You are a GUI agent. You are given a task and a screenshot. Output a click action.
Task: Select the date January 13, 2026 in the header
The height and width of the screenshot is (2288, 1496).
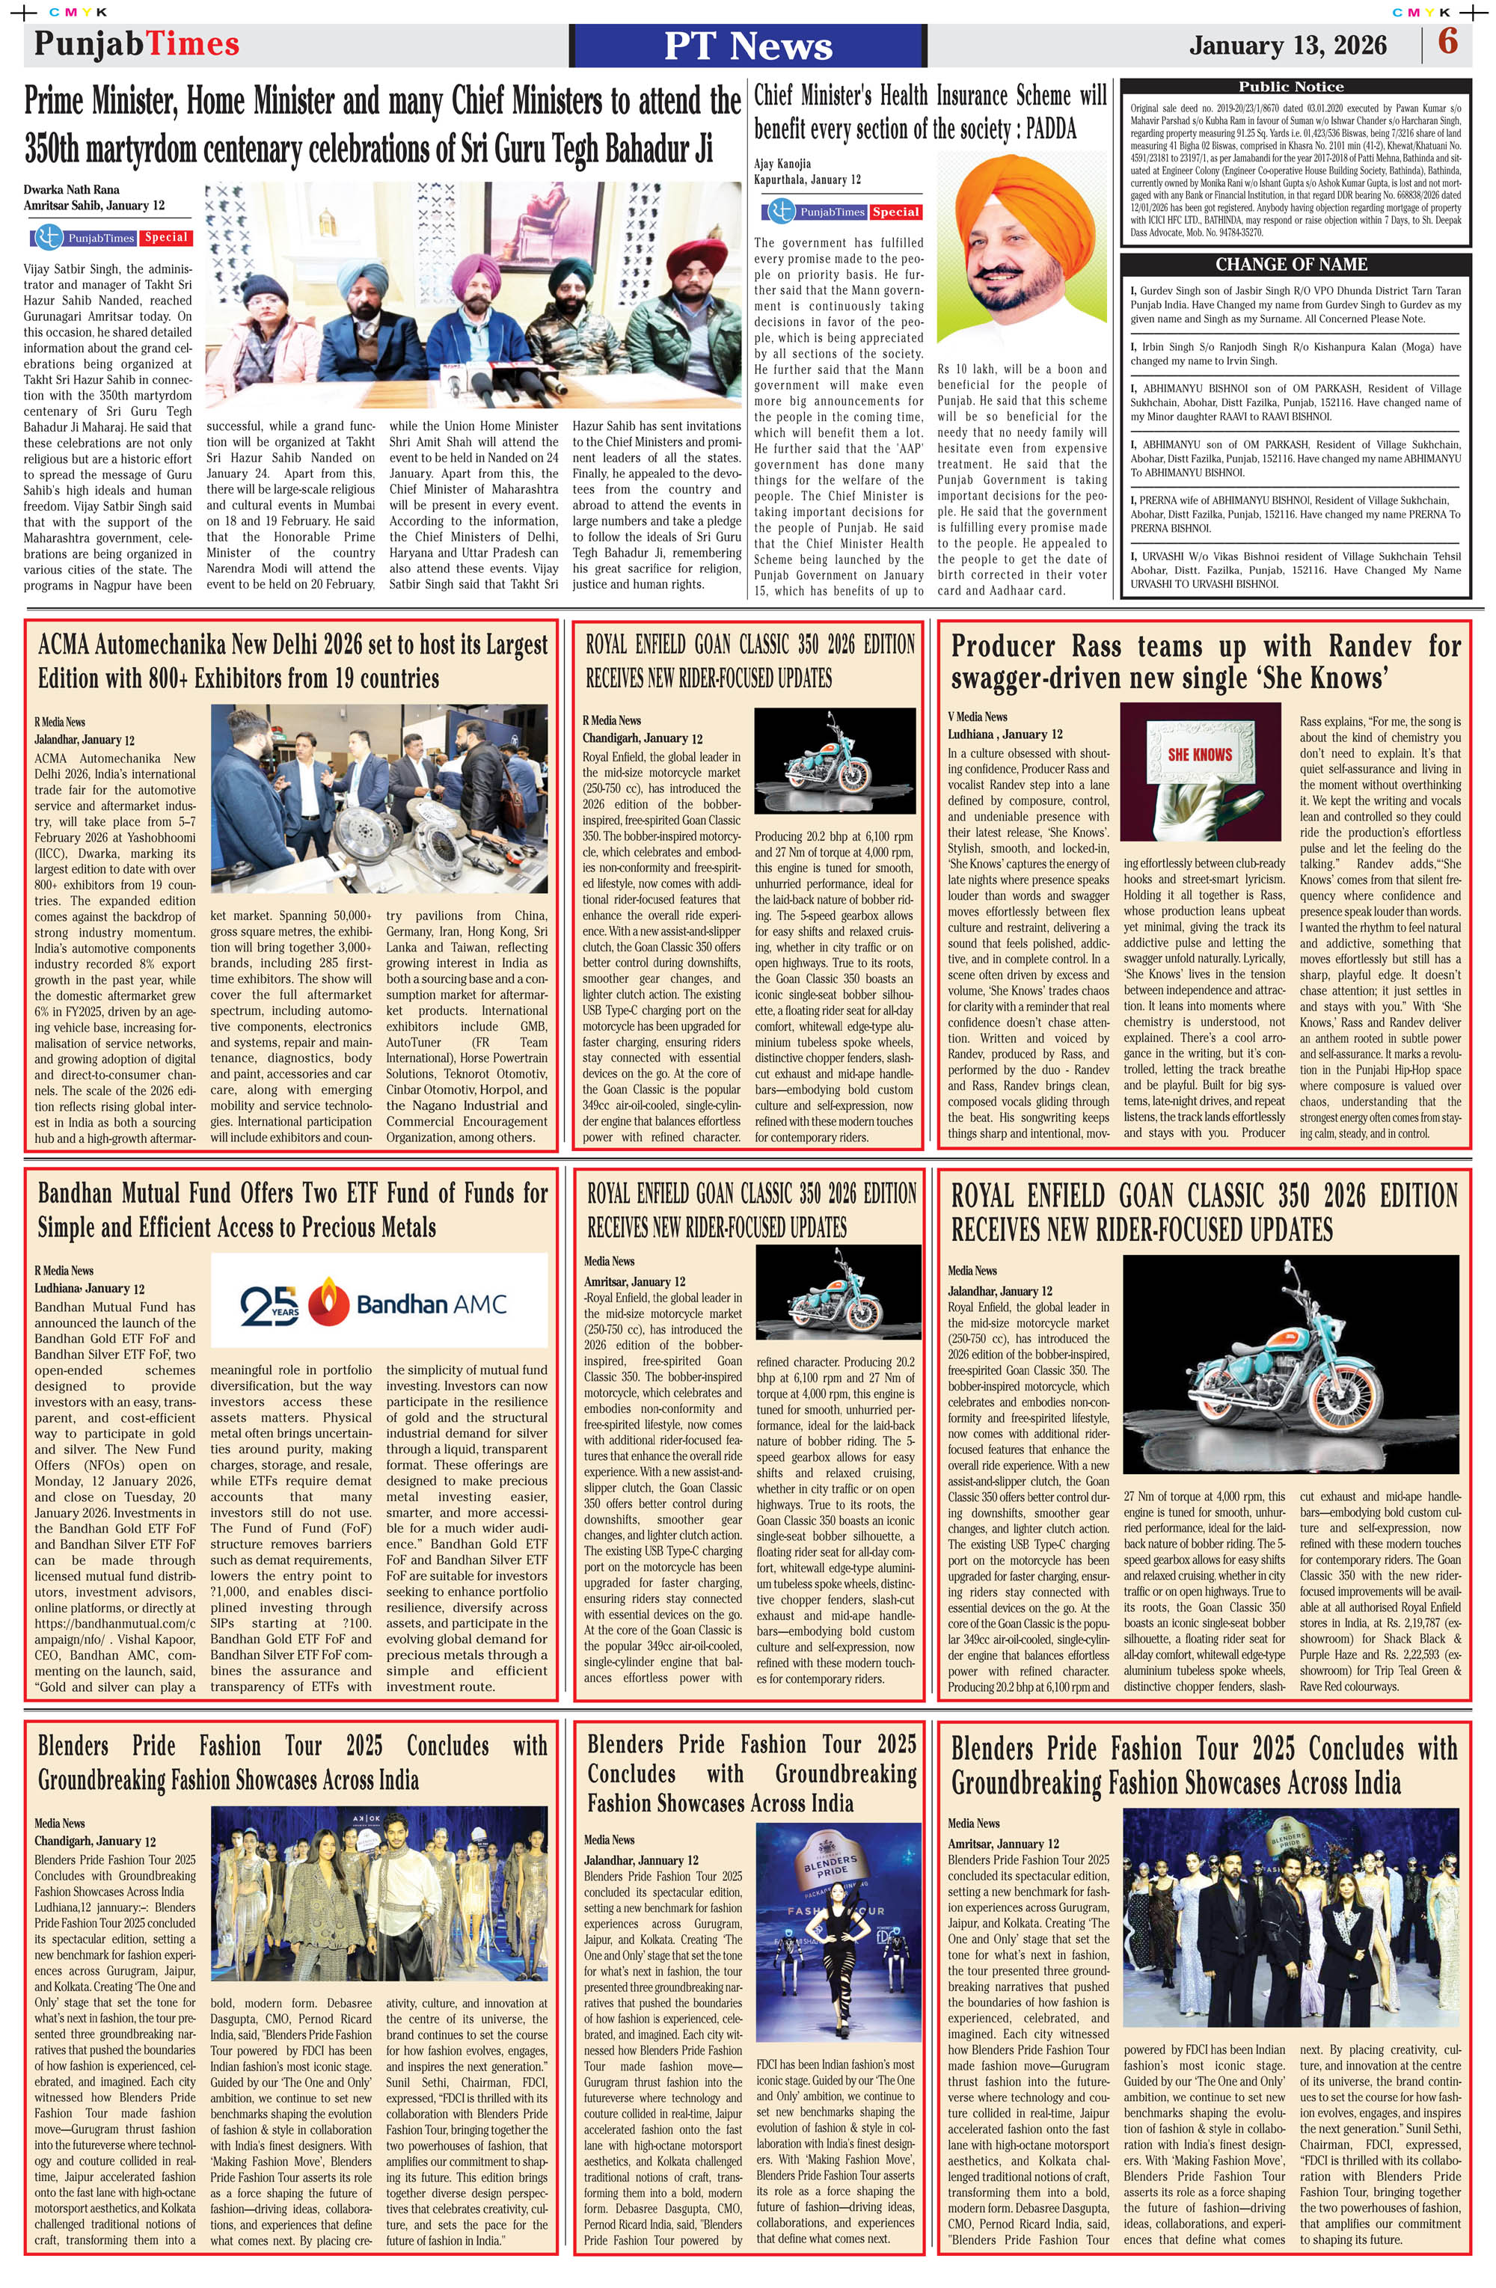[x=1287, y=45]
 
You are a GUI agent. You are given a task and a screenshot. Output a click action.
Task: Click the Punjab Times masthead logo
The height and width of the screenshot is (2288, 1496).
[x=137, y=44]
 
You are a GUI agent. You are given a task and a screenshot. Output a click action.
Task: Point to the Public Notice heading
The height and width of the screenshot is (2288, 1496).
[x=1290, y=87]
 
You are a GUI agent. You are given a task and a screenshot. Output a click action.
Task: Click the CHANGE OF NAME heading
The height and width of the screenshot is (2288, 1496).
[x=1290, y=264]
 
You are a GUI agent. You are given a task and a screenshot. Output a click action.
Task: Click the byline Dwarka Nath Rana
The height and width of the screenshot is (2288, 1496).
[x=72, y=189]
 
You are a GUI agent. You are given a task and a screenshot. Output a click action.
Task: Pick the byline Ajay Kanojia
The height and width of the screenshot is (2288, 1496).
[x=782, y=163]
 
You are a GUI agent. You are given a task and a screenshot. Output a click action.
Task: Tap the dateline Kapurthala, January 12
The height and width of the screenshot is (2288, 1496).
[x=806, y=180]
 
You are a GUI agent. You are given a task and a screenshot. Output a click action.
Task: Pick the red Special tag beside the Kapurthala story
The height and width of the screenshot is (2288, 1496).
[x=896, y=212]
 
